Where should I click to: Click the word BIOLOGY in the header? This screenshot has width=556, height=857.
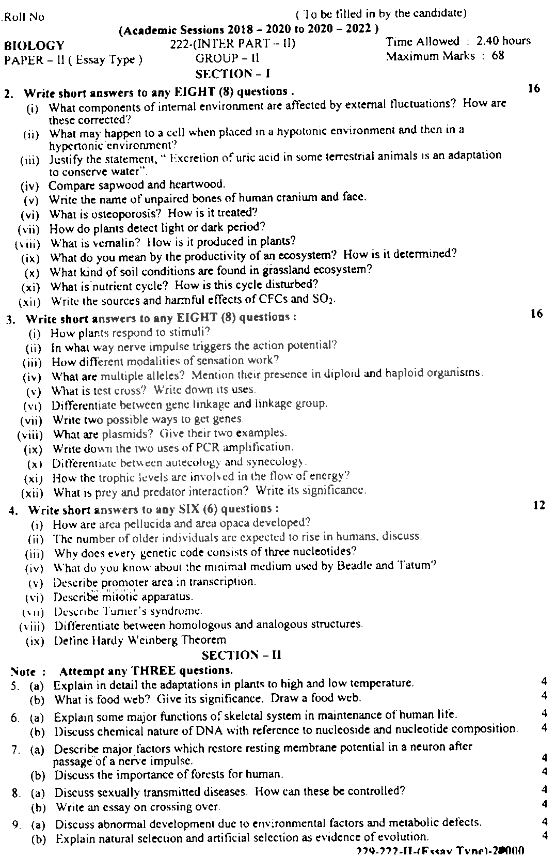35,46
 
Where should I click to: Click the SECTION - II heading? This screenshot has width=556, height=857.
241,655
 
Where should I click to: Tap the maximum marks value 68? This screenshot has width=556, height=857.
498,55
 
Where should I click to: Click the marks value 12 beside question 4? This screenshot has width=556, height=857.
538,506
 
